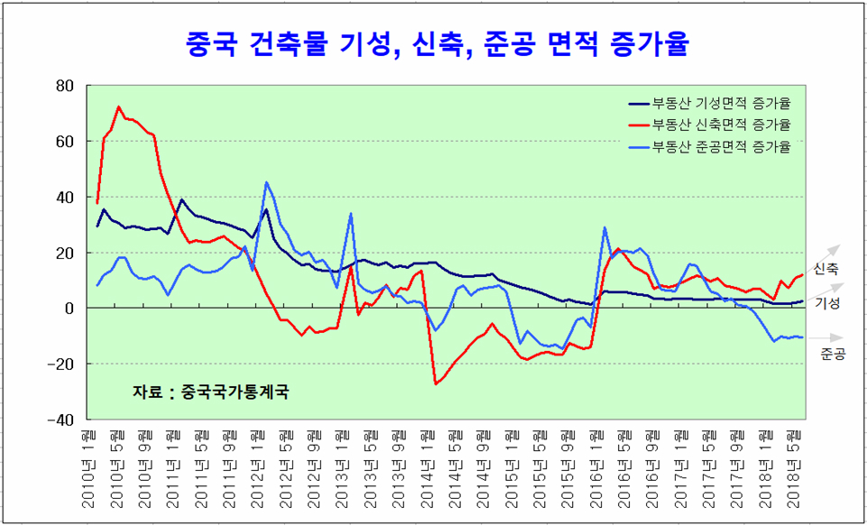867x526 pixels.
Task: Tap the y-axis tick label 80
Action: coord(64,87)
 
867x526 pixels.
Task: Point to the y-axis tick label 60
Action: coord(64,142)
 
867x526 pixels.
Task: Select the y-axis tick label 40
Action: coord(64,198)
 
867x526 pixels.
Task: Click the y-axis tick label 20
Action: coord(64,254)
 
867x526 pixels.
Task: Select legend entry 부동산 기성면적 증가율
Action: coord(720,103)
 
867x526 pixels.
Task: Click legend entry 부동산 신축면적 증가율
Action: coord(720,125)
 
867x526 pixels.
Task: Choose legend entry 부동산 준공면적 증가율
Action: coord(720,146)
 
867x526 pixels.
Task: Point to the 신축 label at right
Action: coord(825,269)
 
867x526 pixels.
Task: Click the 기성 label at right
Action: coord(827,304)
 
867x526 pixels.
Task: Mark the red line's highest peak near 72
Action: coord(119,106)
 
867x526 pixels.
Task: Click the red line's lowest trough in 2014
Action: coord(436,384)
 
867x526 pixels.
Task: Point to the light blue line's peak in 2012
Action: coord(266,182)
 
